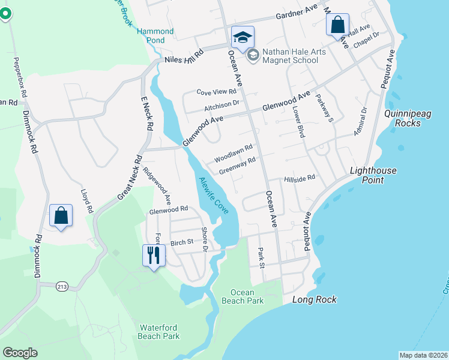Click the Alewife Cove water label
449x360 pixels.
tap(213, 195)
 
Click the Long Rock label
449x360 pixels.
tap(314, 299)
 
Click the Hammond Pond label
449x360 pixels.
tap(155, 35)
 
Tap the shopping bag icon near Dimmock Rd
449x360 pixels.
tap(61, 216)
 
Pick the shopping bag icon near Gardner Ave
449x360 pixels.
tap(337, 26)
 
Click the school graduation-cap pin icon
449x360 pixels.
tap(243, 37)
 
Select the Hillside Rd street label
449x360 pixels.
tap(300, 179)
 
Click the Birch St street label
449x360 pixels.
tap(181, 242)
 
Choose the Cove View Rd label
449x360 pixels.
tap(217, 92)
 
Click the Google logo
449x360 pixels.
tap(20, 352)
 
